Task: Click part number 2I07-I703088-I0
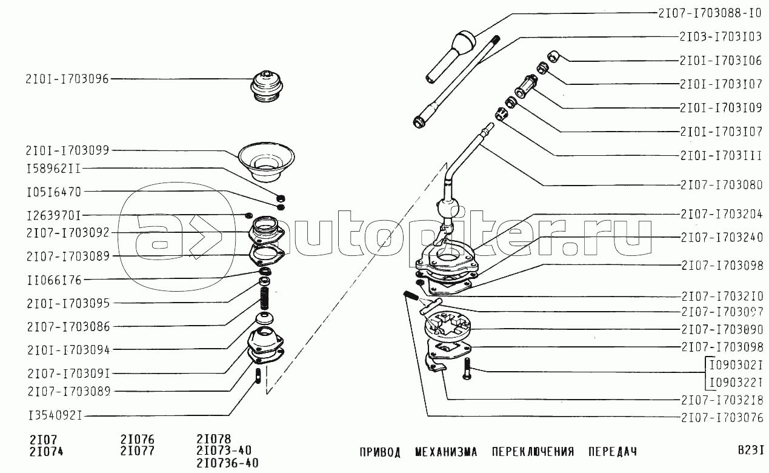(x=708, y=13)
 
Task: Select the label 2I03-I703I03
(x=721, y=37)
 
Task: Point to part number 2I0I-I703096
(x=67, y=79)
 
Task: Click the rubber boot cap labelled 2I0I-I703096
(x=267, y=86)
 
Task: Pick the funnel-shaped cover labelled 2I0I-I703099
(x=267, y=161)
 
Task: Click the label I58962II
(x=53, y=169)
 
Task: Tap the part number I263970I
(x=54, y=216)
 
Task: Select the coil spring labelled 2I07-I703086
(x=264, y=298)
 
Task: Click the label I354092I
(x=55, y=415)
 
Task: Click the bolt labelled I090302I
(x=467, y=369)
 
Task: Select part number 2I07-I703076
(x=722, y=418)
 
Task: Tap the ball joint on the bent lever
(x=448, y=209)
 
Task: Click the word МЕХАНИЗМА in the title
(x=446, y=452)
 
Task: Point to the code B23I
(x=751, y=450)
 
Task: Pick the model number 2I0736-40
(x=227, y=463)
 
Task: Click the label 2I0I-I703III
(x=721, y=156)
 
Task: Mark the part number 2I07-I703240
(x=722, y=237)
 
